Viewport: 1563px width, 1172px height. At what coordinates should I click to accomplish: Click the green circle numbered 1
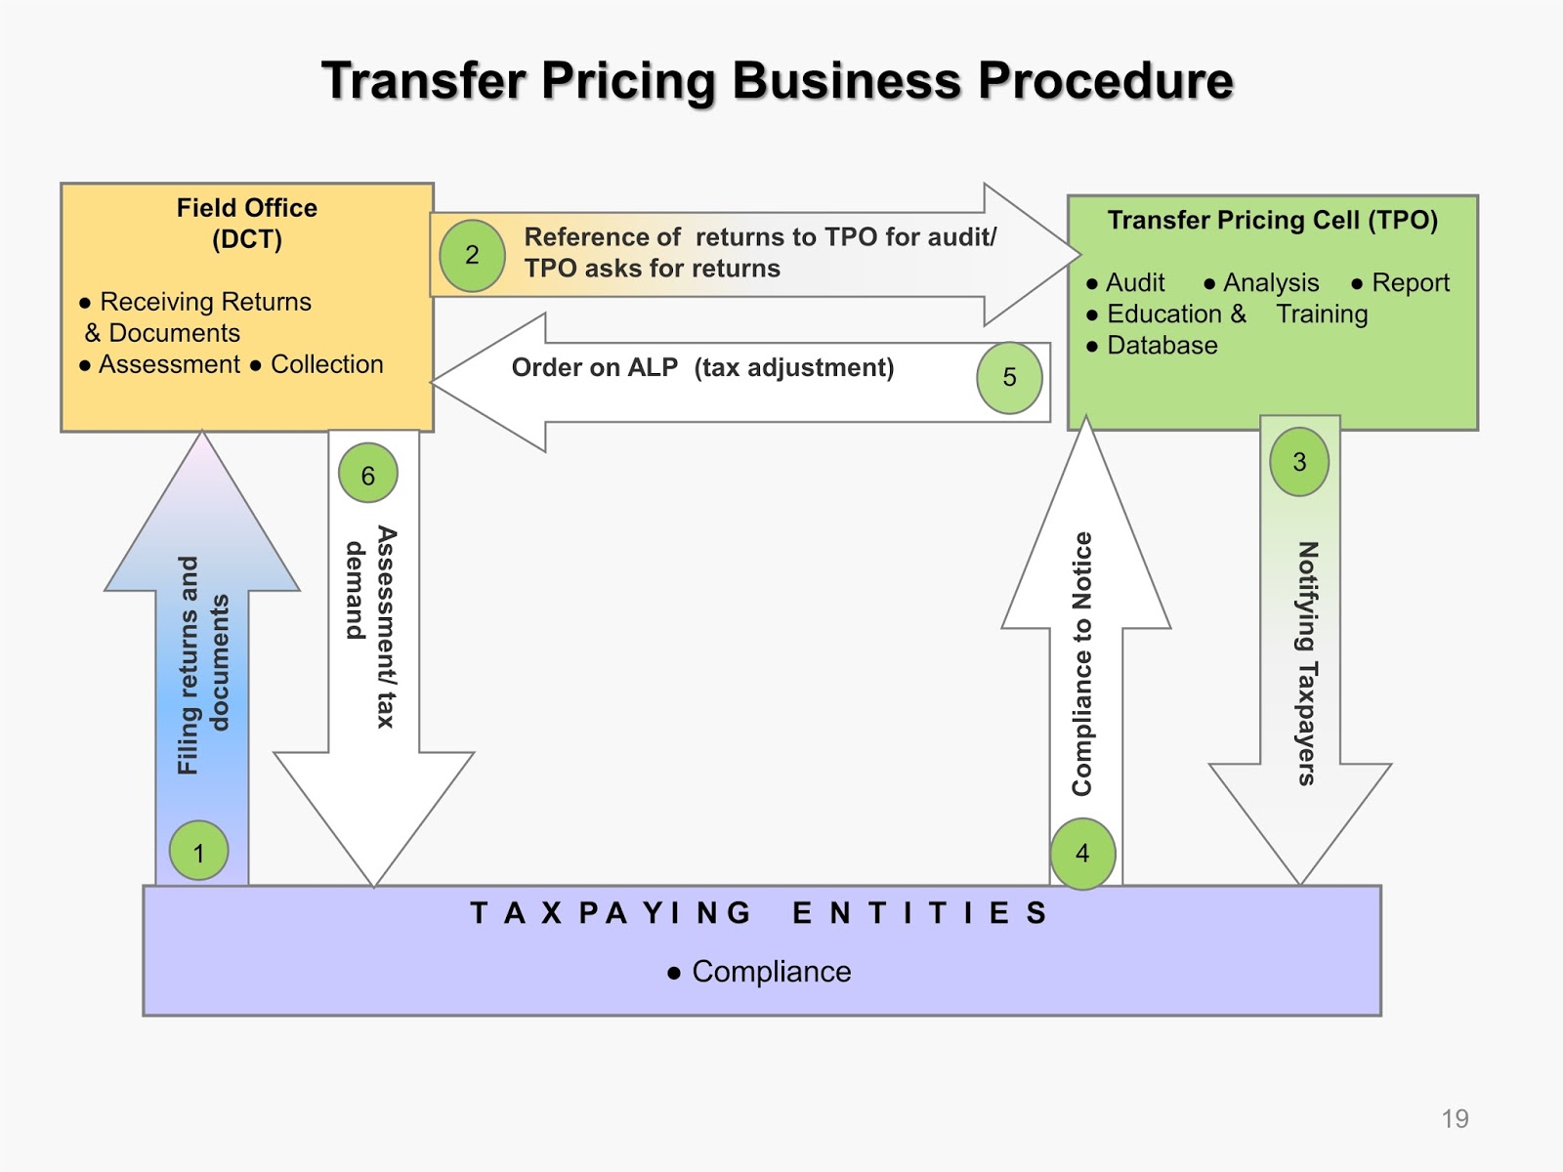pyautogui.click(x=199, y=851)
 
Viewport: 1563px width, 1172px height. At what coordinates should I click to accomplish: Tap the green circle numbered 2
pyautogui.click(x=472, y=255)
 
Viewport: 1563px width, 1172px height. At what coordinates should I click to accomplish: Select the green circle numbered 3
pyautogui.click(x=1299, y=462)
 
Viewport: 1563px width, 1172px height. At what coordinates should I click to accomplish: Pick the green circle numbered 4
pyautogui.click(x=1082, y=854)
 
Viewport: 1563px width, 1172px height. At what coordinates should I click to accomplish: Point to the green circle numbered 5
pyautogui.click(x=1010, y=378)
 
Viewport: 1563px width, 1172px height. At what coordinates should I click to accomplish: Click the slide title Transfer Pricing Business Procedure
pyautogui.click(x=778, y=80)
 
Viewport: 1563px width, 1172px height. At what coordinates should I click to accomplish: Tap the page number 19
pyautogui.click(x=1455, y=1119)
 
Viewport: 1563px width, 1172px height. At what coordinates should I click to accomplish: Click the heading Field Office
pyautogui.click(x=247, y=208)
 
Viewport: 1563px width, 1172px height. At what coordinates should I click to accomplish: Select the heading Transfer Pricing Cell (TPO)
pyautogui.click(x=1272, y=221)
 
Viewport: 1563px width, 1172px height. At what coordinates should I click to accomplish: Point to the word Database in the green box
pyautogui.click(x=1162, y=346)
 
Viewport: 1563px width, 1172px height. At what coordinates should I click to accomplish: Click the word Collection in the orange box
pyautogui.click(x=326, y=364)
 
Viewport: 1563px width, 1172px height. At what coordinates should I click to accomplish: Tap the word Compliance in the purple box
pyautogui.click(x=771, y=972)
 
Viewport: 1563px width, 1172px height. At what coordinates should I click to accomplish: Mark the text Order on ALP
pyautogui.click(x=594, y=368)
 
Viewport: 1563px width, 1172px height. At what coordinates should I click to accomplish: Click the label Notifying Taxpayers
pyautogui.click(x=1307, y=663)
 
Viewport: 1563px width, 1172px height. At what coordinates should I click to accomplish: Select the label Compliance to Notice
pyautogui.click(x=1082, y=664)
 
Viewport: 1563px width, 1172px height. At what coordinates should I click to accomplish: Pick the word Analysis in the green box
pyautogui.click(x=1270, y=283)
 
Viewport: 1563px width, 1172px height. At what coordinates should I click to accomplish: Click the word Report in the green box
pyautogui.click(x=1411, y=283)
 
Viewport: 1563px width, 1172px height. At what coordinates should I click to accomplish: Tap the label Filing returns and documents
pyautogui.click(x=203, y=664)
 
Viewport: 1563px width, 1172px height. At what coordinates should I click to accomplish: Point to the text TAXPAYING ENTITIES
pyautogui.click(x=759, y=913)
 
